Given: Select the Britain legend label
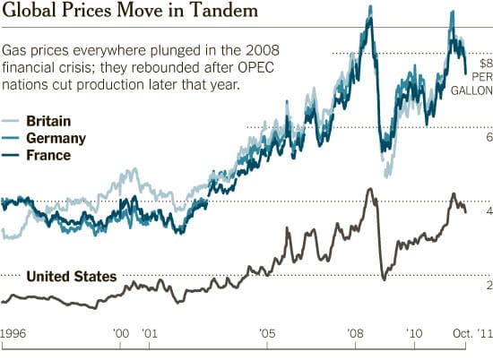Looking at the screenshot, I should coord(48,121).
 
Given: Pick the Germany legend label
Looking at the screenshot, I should coord(56,138).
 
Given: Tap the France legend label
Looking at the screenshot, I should coord(48,155).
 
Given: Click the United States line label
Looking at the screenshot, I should coord(71,276).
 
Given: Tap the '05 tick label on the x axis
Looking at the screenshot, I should coord(267,333).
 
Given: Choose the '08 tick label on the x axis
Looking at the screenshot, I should coord(355,333).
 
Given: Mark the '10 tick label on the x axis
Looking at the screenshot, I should coord(415,333).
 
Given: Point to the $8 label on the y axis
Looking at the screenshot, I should coord(484,64).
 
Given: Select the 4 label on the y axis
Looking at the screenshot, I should coord(489,211).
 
